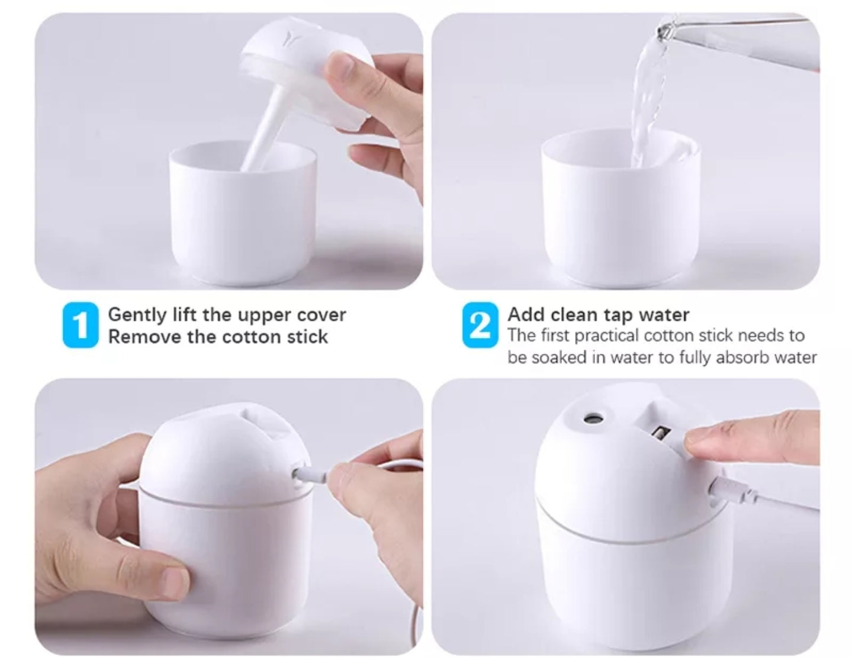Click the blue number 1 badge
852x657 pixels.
pos(80,325)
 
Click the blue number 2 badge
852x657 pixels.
pos(480,325)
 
